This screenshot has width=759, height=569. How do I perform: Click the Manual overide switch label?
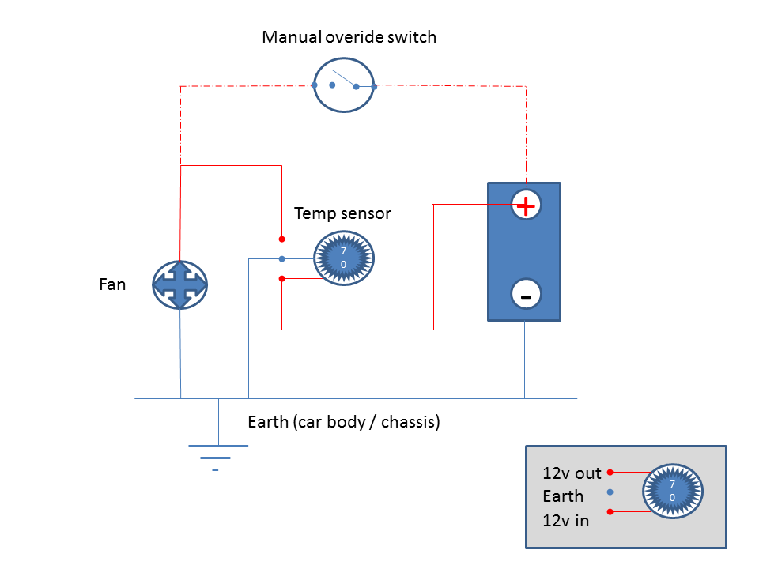pos(349,37)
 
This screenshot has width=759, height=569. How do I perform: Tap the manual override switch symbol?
pos(344,85)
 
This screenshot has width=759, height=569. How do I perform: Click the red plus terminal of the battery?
pos(525,205)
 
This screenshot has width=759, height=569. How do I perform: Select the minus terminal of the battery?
pos(525,295)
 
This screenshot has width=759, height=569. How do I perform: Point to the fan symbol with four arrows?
pos(180,285)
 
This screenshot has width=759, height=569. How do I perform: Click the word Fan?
pos(112,284)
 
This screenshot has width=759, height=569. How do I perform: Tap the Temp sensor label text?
pos(342,213)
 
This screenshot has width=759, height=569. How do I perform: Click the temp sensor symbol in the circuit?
pos(344,257)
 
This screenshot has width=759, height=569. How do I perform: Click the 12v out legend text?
pos(572,473)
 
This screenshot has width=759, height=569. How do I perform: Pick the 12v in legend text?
pos(565,520)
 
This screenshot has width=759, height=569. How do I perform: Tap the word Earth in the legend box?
pos(563,496)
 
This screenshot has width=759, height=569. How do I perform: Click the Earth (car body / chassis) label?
pos(344,422)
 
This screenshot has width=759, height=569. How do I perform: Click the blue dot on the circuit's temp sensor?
pos(282,258)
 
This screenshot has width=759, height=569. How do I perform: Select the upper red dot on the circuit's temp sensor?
pos(282,239)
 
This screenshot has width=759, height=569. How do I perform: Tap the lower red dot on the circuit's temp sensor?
pos(282,278)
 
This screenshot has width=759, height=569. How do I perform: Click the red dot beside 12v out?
pos(610,472)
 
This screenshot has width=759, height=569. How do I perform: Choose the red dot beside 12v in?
pos(610,512)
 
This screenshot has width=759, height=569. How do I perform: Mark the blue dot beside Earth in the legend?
pos(610,492)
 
